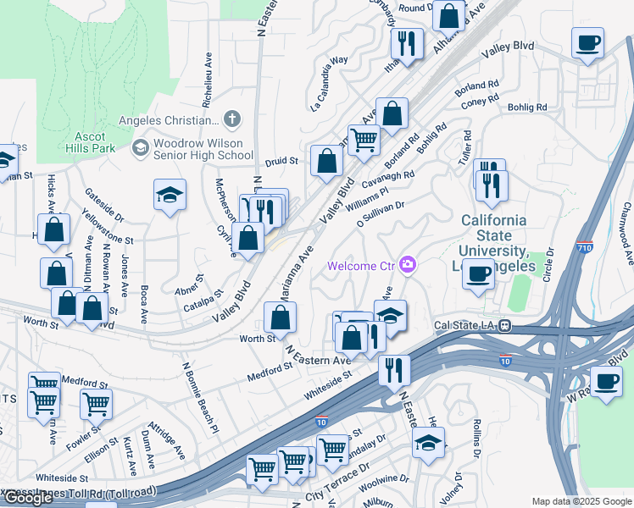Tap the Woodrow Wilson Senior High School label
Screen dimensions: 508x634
[x=203, y=149]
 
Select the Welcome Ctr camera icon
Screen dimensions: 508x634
[x=408, y=266]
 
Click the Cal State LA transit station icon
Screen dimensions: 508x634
[x=504, y=324]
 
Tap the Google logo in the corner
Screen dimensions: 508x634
[x=28, y=498]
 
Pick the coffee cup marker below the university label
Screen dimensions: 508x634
[x=479, y=275]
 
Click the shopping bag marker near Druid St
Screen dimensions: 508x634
[x=326, y=160]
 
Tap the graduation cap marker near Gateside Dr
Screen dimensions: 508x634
[x=170, y=196]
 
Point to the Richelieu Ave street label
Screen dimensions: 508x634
[x=206, y=82]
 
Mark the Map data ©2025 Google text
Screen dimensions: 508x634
[x=581, y=501]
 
